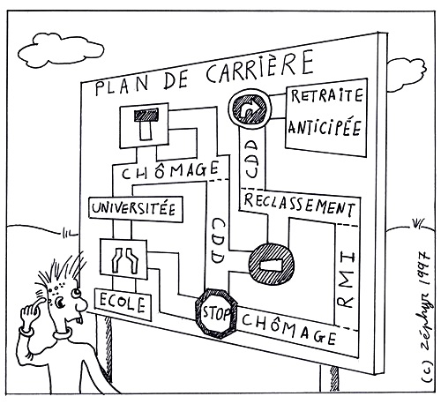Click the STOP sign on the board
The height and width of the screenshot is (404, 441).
[x=217, y=313]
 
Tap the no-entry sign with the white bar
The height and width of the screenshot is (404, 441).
[x=271, y=264]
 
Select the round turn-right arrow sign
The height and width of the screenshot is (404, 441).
[x=250, y=108]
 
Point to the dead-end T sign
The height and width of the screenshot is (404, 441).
[x=144, y=125]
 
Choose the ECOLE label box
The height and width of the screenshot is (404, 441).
[x=123, y=304]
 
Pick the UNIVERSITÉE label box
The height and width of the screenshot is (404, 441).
[x=136, y=209]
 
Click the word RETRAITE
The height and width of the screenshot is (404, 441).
[x=326, y=95]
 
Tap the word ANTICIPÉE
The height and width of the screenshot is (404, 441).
[x=325, y=128]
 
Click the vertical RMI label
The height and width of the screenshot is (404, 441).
[x=346, y=281]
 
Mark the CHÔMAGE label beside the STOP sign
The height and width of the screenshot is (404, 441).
[x=289, y=328]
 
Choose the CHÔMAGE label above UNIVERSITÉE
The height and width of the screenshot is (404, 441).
[x=170, y=170]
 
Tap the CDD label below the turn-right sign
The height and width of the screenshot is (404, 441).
[x=251, y=159]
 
